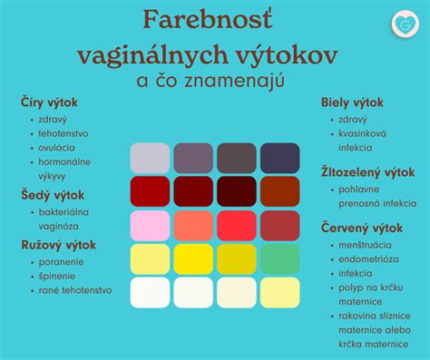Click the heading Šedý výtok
[x=53, y=194]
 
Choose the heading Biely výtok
[x=352, y=102]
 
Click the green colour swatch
[x=280, y=258]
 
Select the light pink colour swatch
[x=150, y=225]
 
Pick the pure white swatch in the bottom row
[x=150, y=292]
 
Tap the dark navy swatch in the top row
[x=280, y=158]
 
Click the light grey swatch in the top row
[x=150, y=158]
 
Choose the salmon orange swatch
[x=193, y=225]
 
